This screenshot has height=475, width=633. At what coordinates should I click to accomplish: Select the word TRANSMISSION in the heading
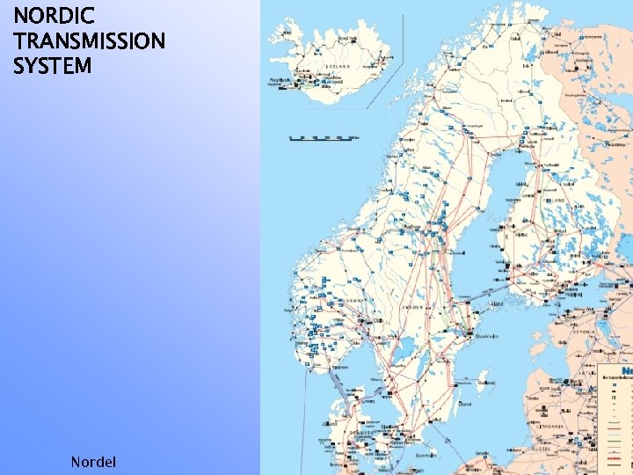click(x=89, y=40)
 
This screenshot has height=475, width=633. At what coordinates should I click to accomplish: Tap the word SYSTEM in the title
click(x=52, y=65)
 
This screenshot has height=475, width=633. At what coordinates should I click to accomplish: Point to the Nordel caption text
click(x=92, y=461)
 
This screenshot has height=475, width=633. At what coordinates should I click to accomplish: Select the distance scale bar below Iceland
click(x=324, y=138)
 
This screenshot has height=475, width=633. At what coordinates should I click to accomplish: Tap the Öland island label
click(x=465, y=404)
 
